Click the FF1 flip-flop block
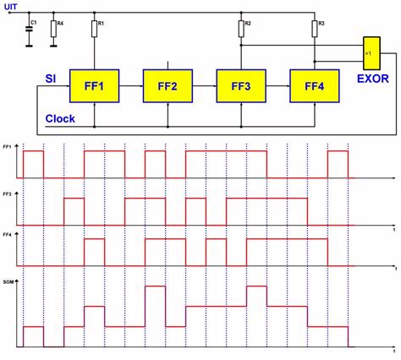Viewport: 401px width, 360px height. pos(96,86)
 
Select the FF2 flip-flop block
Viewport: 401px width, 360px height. pos(168,86)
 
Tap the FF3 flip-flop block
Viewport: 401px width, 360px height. pos(241,86)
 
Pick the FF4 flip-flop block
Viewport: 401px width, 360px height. pos(314,86)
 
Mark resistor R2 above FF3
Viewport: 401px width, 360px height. pos(241,31)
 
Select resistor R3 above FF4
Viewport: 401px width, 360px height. pos(314,31)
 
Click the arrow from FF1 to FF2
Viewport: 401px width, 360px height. pos(132,86)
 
